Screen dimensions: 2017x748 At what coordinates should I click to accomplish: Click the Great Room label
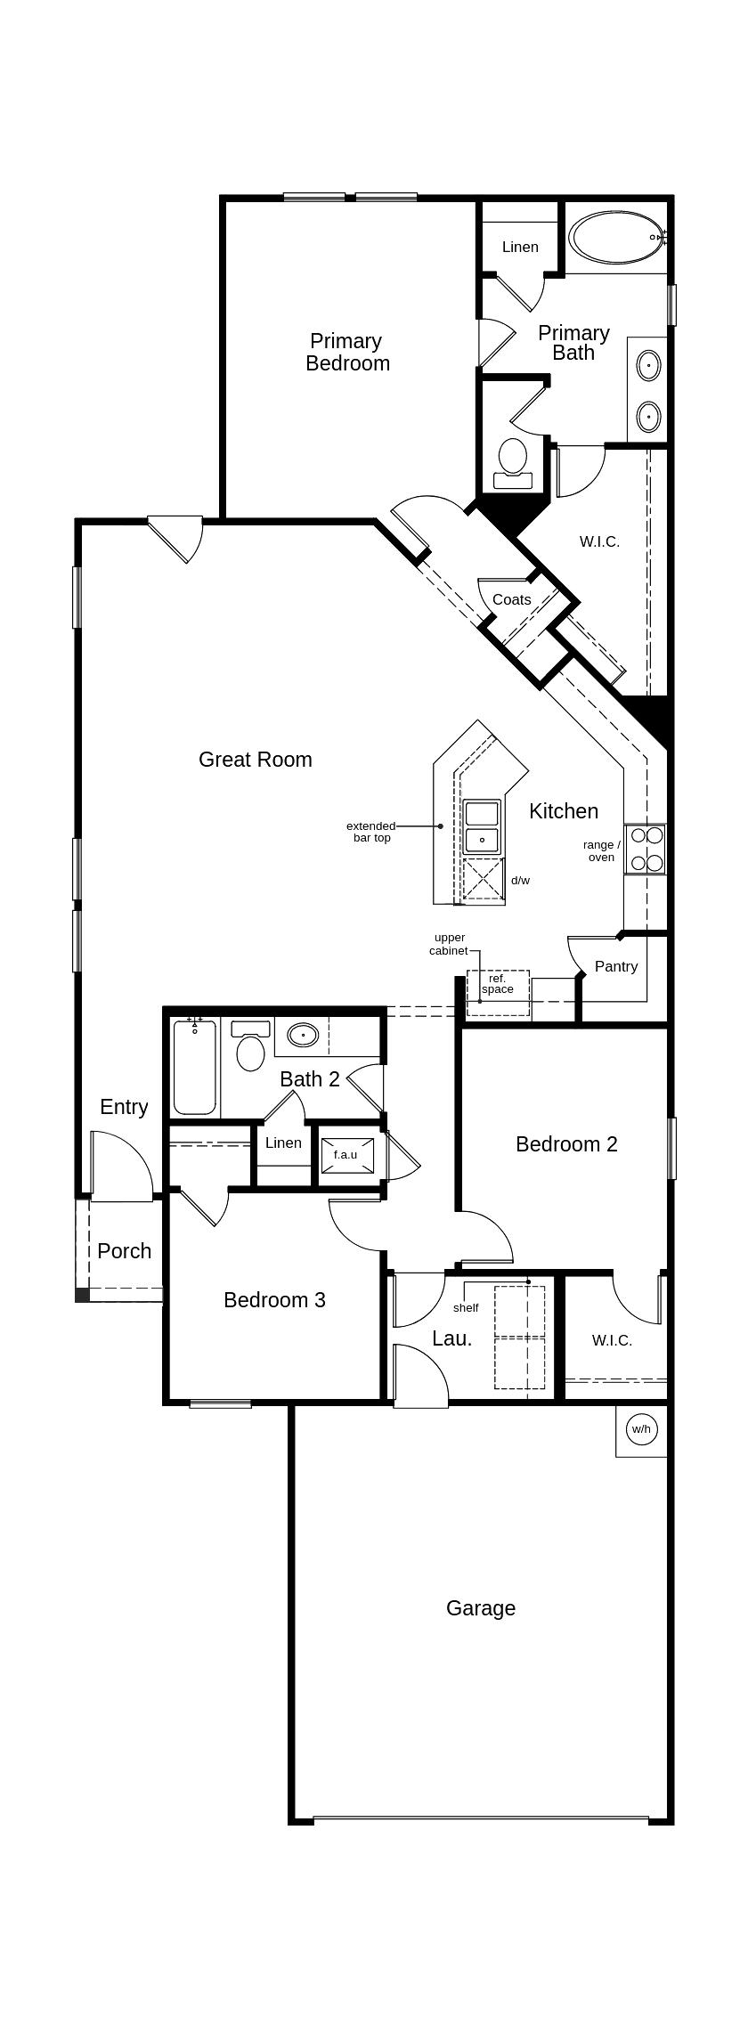tap(255, 760)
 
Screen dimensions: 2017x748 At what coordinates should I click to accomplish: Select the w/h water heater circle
tap(641, 1429)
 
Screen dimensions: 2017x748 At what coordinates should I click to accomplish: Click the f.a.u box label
tap(346, 1154)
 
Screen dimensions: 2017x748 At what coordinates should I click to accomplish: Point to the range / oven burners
tap(645, 849)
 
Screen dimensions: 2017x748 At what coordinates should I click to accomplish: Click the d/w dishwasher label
tap(520, 881)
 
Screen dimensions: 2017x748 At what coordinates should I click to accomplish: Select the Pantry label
tap(615, 966)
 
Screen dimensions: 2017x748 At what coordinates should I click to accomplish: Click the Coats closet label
tap(511, 600)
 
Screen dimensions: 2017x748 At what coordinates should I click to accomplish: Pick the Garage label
tap(480, 1608)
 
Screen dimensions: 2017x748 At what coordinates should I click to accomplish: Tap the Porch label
tap(124, 1251)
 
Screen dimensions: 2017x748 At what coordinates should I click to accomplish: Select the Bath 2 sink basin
tap(303, 1036)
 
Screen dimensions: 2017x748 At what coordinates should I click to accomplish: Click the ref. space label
tap(497, 984)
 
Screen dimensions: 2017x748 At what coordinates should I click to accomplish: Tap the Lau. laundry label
tap(451, 1338)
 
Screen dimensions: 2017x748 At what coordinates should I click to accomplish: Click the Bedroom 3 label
tap(274, 1300)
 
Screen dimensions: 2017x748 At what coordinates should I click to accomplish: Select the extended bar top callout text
tap(370, 832)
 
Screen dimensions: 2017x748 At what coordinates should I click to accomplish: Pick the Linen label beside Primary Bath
tap(519, 247)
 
